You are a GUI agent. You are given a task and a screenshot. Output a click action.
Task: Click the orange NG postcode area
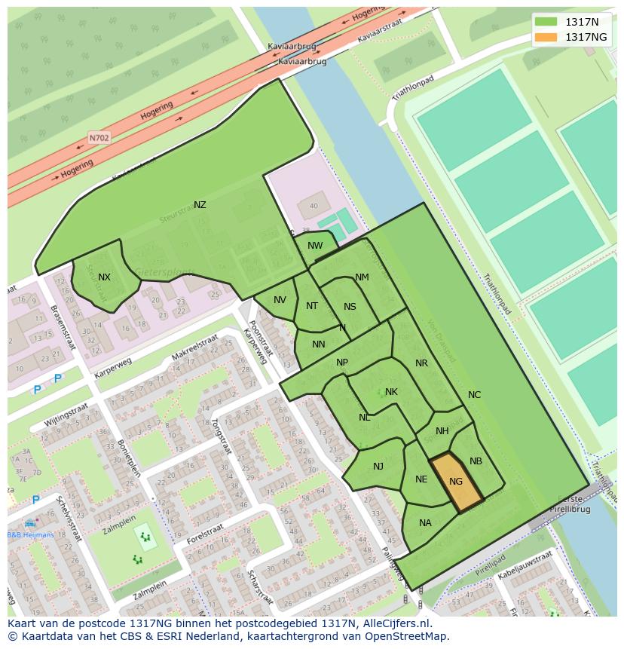456,482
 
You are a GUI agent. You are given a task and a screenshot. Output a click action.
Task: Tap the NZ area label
200,205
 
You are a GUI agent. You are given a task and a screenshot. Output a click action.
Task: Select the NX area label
104,277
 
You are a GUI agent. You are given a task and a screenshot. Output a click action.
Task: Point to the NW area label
315,246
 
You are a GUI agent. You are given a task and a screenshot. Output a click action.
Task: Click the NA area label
425,523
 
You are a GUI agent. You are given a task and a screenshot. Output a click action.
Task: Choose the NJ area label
378,467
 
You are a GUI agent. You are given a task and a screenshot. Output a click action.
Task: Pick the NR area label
421,363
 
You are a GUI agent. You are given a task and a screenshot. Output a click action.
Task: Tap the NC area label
474,395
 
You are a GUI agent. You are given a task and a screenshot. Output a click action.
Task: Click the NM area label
362,277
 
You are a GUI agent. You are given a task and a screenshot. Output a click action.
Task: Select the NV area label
280,300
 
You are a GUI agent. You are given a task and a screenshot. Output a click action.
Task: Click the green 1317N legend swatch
546,22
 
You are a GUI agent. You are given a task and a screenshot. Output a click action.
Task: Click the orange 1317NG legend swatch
546,37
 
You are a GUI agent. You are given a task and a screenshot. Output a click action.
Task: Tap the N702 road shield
99,138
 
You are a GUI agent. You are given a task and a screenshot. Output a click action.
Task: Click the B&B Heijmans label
30,535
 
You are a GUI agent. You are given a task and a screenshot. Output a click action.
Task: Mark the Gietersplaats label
164,272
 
